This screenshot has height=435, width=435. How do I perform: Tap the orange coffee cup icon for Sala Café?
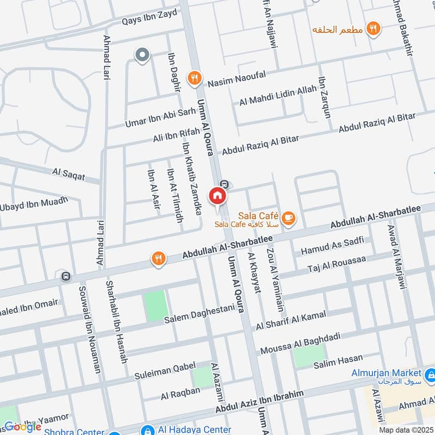pyautogui.click(x=289, y=217)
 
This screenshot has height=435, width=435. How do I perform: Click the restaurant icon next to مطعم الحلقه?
pyautogui.click(x=373, y=28)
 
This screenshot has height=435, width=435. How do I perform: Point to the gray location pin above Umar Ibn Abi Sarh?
pyautogui.click(x=142, y=55)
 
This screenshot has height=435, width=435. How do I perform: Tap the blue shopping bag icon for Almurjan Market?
pyautogui.click(x=430, y=374)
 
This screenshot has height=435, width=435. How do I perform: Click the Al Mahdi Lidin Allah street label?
pyautogui.click(x=277, y=96)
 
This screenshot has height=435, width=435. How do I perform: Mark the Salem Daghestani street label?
pyautogui.click(x=200, y=314)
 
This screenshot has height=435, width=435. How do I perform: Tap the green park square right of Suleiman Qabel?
pyautogui.click(x=202, y=377)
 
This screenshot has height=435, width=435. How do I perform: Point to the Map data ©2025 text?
pyautogui.click(x=407, y=430)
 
